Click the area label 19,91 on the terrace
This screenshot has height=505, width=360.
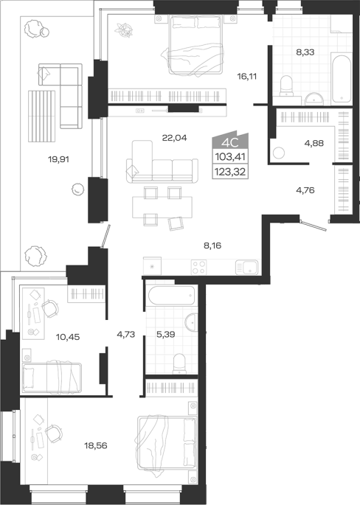point(59,159)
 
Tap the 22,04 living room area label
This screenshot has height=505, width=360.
point(174,138)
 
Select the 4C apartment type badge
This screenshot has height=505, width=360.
point(230,142)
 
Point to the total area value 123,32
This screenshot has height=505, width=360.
point(230,172)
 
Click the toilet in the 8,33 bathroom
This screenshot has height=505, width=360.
point(286,86)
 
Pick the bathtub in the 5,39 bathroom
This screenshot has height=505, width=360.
point(171,295)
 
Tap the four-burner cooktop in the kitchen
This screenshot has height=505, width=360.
point(198,267)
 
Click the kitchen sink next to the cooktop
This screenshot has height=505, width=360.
point(247,267)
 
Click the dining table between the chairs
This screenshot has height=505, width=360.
point(162,207)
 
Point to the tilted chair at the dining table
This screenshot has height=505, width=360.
point(176,223)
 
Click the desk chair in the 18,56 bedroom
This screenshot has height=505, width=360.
point(53,433)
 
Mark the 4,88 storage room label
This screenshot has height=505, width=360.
point(314,143)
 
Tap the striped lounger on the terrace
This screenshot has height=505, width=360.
point(41,116)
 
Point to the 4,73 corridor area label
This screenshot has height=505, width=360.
point(125,335)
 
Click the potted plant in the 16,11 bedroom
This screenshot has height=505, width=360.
point(125,31)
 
